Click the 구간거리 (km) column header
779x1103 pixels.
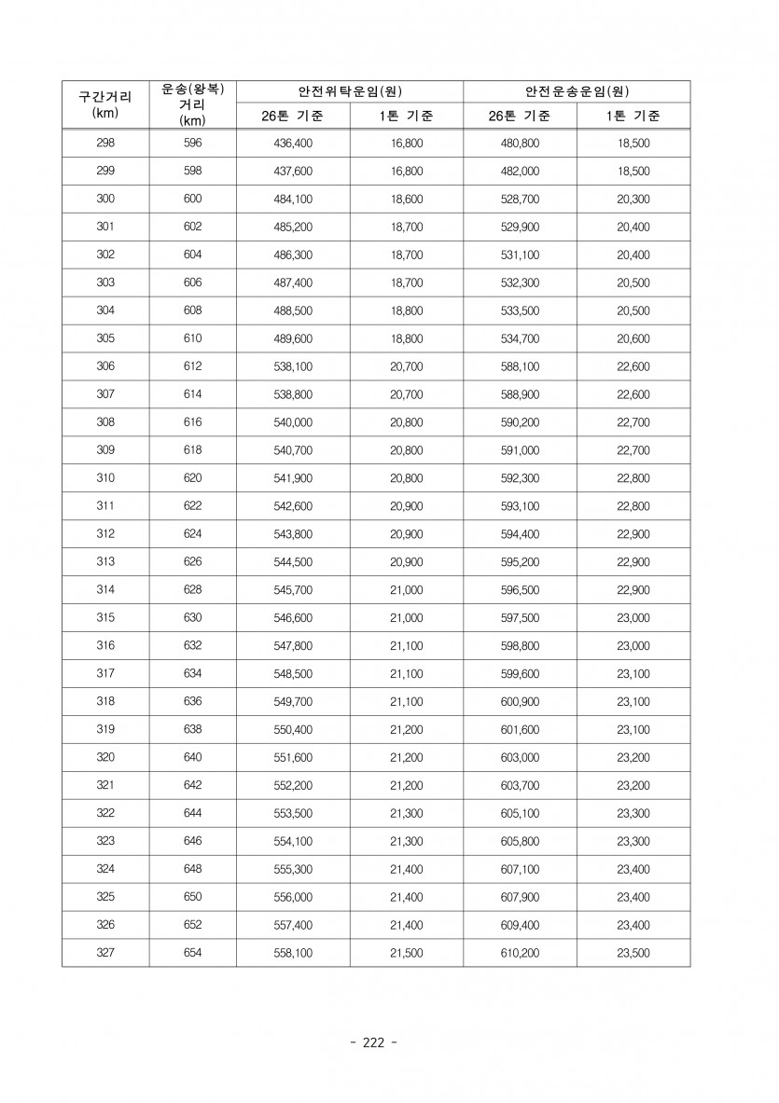(104, 103)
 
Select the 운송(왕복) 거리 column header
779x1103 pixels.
(193, 103)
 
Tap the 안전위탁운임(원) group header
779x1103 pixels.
(349, 90)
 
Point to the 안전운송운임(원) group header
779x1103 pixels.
(576, 90)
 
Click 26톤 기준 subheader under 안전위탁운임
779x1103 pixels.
(293, 117)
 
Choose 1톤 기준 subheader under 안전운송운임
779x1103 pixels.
(633, 117)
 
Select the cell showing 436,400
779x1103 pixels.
(293, 144)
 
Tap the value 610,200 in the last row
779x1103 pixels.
(520, 953)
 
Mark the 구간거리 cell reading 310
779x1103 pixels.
(104, 478)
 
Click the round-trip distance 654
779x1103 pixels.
(193, 953)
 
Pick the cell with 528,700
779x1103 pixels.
(520, 200)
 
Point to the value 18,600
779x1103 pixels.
(406, 200)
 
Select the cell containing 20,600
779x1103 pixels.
(633, 339)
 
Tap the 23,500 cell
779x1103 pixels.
(633, 953)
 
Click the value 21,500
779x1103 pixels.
(406, 953)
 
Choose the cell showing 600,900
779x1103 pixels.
(520, 701)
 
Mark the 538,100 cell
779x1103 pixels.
(293, 367)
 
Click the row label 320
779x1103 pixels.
(104, 757)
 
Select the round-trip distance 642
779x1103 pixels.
(193, 785)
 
